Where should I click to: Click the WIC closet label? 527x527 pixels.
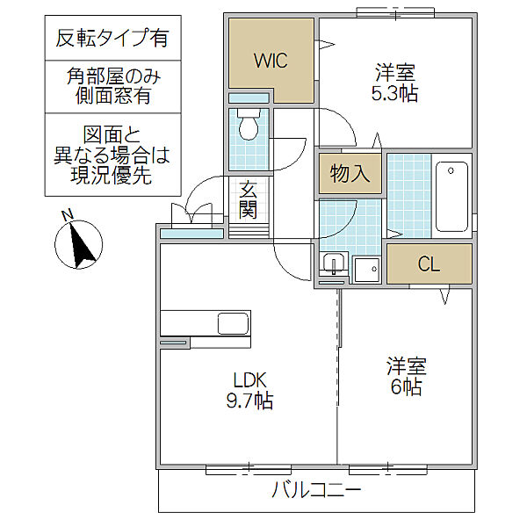271,61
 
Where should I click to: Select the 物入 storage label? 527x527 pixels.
350,174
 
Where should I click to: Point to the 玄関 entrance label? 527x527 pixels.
248,200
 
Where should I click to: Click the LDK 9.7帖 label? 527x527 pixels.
249,391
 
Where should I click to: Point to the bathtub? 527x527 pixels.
453,196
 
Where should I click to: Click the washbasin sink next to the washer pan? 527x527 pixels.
333,263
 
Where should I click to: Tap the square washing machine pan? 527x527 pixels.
366,268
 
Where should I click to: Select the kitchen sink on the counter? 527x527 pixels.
233,322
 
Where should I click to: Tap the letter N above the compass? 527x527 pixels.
67,216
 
